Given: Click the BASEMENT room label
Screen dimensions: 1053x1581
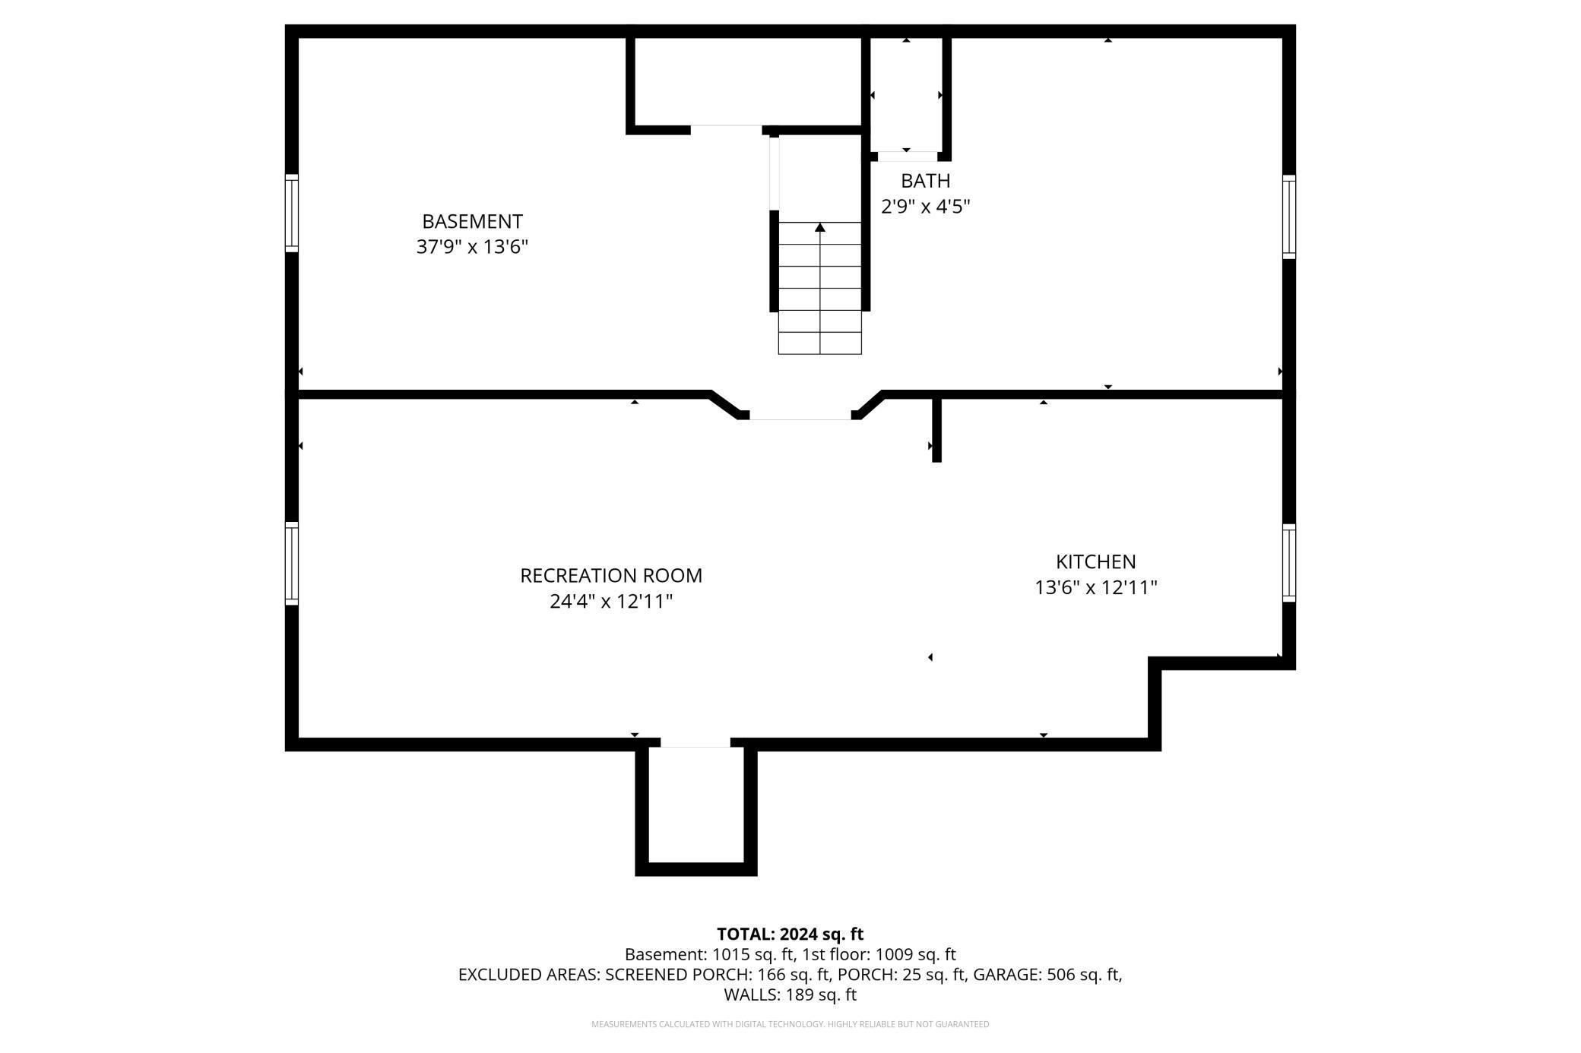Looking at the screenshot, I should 472,221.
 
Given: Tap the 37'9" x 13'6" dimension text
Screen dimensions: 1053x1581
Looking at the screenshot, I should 472,247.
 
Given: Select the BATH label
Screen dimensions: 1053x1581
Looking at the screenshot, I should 925,181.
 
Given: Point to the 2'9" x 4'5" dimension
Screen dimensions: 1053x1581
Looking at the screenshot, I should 925,207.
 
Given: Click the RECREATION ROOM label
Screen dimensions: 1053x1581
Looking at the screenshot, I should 611,576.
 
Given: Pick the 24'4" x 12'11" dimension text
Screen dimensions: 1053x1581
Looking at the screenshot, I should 611,602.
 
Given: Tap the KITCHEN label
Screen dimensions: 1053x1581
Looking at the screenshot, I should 1095,562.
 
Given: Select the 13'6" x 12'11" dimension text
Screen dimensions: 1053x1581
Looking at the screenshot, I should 1095,588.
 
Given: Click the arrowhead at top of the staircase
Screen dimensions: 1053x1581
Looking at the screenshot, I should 820,227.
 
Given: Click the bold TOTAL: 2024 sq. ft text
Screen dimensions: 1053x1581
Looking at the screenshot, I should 790,934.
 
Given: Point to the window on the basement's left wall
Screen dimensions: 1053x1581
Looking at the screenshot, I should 292,213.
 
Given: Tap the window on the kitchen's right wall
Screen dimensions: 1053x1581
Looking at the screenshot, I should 1288,563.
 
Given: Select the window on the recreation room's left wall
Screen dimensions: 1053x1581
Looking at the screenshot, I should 292,563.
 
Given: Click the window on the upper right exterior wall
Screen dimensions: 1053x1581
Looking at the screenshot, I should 1288,217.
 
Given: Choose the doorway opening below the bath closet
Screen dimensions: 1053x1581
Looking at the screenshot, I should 907,157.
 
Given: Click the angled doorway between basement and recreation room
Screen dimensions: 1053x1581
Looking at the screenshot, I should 800,415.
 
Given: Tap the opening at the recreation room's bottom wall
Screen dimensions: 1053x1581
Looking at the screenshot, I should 695,742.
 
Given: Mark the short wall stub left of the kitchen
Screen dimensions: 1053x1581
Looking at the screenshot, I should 936,430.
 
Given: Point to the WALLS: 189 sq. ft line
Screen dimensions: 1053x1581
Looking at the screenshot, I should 790,994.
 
